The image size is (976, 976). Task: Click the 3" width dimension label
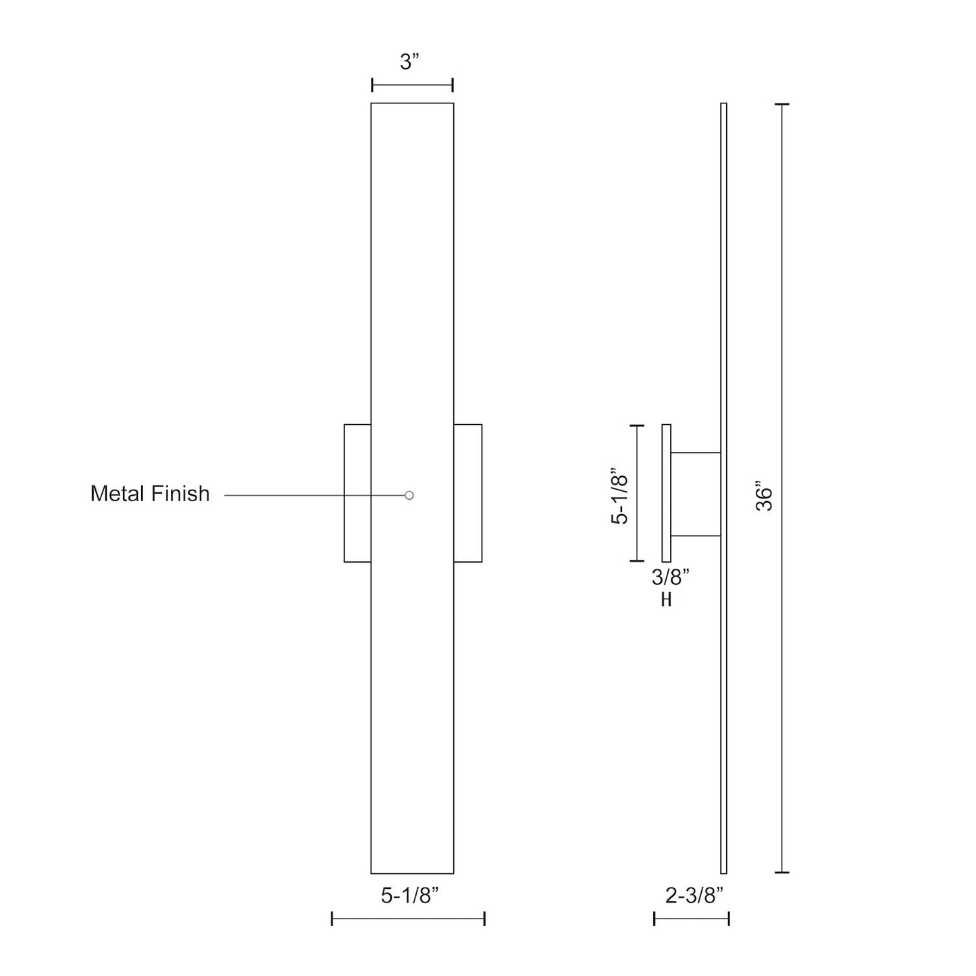tap(410, 63)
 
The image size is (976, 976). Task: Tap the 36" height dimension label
tap(764, 496)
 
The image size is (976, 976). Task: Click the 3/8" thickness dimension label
tap(670, 577)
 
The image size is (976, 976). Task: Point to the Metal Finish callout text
tap(150, 494)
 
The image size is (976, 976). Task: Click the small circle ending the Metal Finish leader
tap(409, 495)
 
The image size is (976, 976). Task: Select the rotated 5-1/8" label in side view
tap(619, 496)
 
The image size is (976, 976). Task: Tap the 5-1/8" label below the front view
tap(410, 896)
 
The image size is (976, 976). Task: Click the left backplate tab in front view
tap(357, 493)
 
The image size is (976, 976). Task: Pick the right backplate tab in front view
tap(468, 493)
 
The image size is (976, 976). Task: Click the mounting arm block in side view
tap(696, 494)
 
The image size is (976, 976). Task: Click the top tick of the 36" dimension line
tap(781, 105)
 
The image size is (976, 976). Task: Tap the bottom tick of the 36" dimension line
tap(781, 873)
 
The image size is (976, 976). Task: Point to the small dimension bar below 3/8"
tap(666, 599)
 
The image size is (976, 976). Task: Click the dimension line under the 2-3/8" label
tap(691, 919)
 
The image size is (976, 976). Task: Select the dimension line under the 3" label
tap(412, 85)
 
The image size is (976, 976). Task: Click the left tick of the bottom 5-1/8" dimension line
tap(332, 919)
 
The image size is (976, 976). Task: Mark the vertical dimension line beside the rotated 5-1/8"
tap(637, 493)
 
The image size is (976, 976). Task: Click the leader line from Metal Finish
tap(311, 495)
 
